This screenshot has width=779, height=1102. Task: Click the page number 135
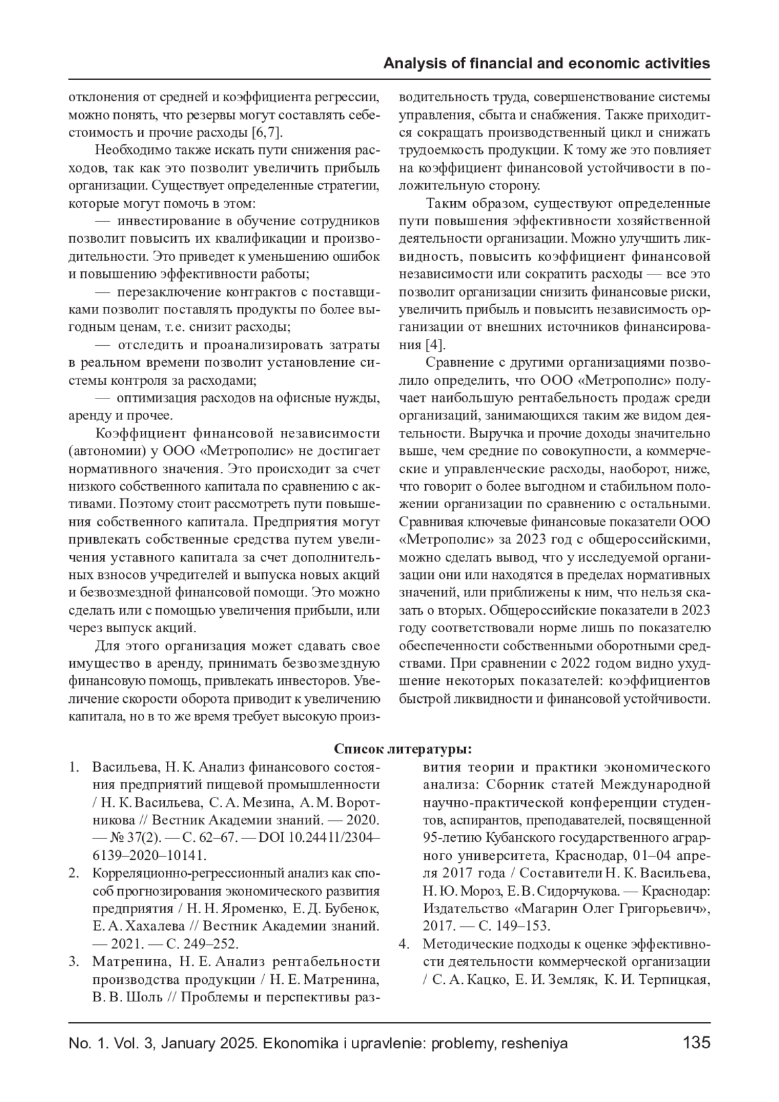[x=697, y=1043]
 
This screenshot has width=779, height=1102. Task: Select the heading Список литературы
[x=402, y=749]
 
